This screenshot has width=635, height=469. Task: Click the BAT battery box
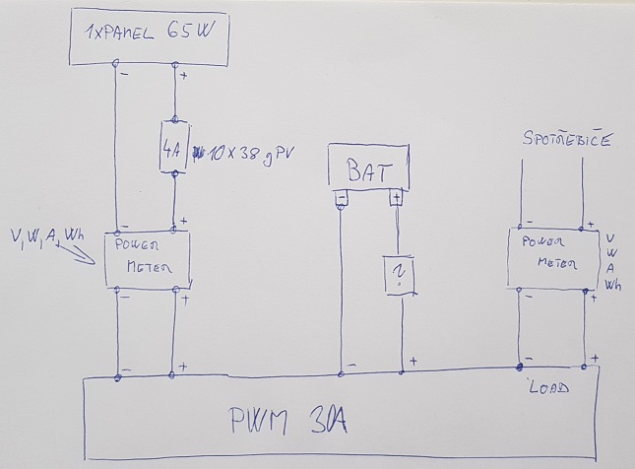[x=368, y=168]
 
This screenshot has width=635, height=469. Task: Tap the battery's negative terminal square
[x=342, y=199]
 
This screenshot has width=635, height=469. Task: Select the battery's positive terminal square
[x=397, y=199]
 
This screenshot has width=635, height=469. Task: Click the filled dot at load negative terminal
[x=521, y=368]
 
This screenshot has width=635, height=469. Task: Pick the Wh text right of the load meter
[x=614, y=286]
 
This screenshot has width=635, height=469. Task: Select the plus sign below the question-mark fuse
[x=413, y=360]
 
